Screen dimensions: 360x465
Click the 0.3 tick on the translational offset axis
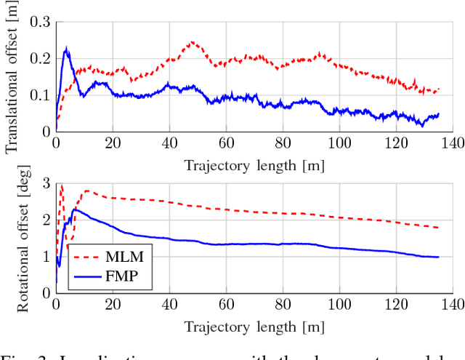click(40, 22)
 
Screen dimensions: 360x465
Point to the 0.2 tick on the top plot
click(40, 58)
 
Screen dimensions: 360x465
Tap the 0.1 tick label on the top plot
click(40, 95)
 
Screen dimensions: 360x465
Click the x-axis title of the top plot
click(254, 165)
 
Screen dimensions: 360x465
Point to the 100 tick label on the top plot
click(339, 145)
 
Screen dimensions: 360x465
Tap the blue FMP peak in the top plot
click(67, 49)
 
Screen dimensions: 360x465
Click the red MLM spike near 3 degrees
click(61, 186)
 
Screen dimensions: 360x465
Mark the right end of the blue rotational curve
click(439, 257)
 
